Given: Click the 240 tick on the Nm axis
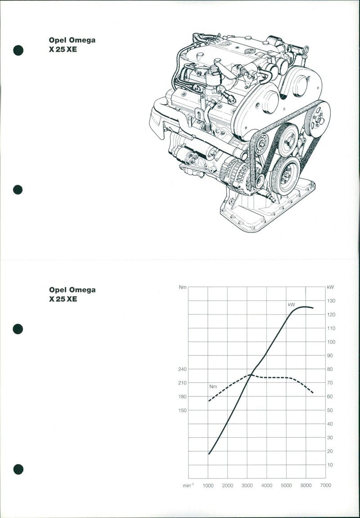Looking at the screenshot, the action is coord(182,369).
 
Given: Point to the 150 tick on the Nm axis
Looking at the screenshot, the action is coord(182,410).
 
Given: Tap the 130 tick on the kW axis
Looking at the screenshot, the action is coord(331,301).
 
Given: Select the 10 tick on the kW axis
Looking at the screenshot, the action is coord(330,465).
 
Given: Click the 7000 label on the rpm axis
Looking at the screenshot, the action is coord(326,485).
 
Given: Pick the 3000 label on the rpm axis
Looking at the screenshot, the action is coord(247,485).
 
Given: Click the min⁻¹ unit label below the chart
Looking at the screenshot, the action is coord(188,485).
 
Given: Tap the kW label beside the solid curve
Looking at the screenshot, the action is coord(291,304).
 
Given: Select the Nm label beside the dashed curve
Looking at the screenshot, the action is coord(213,386).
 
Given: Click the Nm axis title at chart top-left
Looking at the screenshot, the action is coord(182,287).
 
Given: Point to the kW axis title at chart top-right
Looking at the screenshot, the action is coord(331,287).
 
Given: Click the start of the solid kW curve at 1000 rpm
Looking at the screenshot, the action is coord(209,454).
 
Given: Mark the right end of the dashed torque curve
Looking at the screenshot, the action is coord(313,393).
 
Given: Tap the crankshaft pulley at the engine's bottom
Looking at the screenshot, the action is coord(284,175).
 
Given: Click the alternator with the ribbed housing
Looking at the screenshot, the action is coord(235,174).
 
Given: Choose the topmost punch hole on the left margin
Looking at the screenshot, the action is coord(18,50).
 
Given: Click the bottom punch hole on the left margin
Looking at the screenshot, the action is coord(18,469).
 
